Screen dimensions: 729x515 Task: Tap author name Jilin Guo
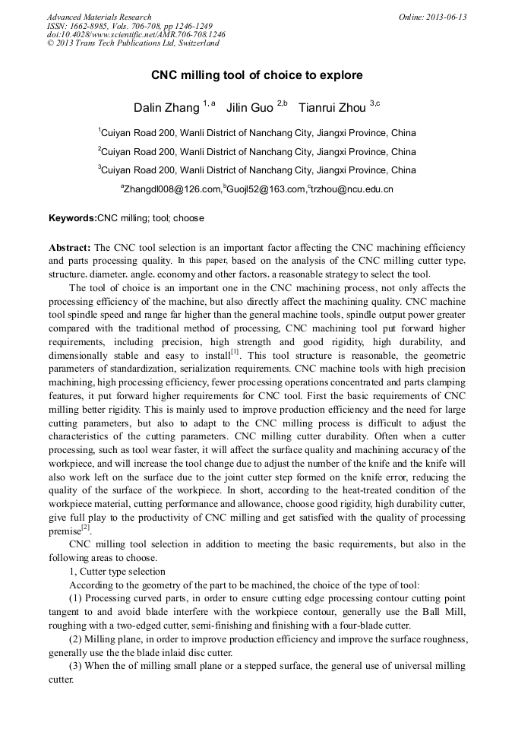(x=249, y=107)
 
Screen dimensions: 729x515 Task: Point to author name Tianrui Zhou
(x=333, y=107)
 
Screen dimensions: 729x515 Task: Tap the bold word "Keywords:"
(x=73, y=218)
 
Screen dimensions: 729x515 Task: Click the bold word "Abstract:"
(x=70, y=248)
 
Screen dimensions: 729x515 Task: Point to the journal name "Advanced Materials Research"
(x=99, y=17)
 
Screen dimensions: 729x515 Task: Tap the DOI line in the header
(x=136, y=34)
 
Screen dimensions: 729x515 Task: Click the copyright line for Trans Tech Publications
(x=133, y=43)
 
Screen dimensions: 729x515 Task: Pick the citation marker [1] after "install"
(x=236, y=350)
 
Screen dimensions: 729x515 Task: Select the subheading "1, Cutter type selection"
(x=117, y=572)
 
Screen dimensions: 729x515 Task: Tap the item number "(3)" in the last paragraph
(x=77, y=666)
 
